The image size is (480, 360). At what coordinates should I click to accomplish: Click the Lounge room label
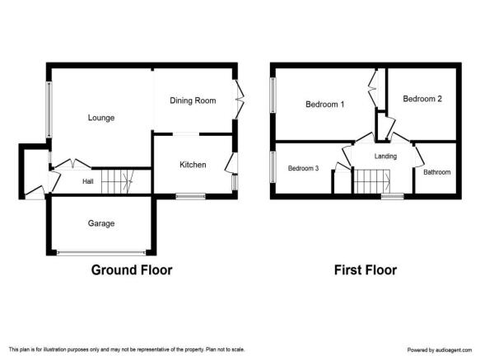point(101,118)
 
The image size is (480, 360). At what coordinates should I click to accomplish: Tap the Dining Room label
point(193,101)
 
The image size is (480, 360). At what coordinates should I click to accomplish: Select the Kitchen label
point(193,165)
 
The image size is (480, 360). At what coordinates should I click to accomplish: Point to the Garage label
point(101,223)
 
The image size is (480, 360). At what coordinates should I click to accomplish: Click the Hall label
point(88,181)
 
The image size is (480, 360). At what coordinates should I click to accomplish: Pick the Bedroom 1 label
point(324,104)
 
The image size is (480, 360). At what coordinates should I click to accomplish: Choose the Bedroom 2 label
point(422,99)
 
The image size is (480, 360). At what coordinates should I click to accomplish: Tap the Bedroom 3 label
point(303,168)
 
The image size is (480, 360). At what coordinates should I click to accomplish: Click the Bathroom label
point(437,172)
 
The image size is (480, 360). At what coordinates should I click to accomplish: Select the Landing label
point(385,157)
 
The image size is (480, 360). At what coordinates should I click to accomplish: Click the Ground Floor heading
point(132,270)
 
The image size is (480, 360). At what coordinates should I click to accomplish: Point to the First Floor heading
point(366,270)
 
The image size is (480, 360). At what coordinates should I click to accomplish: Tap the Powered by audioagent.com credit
point(440,349)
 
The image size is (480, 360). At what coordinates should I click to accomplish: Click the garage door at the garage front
point(101,253)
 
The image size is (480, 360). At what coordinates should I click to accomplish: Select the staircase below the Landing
point(372,181)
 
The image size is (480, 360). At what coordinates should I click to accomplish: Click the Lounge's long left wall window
point(49,110)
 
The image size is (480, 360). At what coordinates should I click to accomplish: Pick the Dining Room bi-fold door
point(240,100)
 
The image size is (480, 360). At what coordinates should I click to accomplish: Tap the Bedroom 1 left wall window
point(273,95)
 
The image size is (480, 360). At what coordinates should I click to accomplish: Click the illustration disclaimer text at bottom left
point(127,349)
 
